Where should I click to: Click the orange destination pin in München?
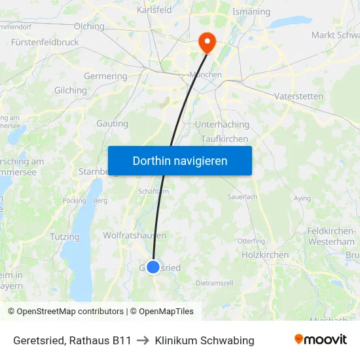(207, 42)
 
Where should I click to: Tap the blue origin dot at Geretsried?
(153, 267)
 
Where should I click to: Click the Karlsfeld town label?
(154, 10)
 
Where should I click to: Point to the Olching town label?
(90, 26)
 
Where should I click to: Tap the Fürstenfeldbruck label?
(45, 42)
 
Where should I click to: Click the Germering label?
(105, 76)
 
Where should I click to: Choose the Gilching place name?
(71, 90)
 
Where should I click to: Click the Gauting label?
(113, 123)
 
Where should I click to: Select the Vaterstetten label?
(298, 96)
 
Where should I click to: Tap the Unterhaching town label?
(223, 124)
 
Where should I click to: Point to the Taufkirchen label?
(225, 139)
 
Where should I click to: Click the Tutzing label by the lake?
(64, 236)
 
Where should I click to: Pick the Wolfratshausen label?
(134, 235)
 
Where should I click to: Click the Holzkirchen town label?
(265, 255)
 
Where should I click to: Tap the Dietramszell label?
(215, 283)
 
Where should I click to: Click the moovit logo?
(321, 340)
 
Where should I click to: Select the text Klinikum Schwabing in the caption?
(205, 340)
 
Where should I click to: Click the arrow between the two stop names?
(143, 340)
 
